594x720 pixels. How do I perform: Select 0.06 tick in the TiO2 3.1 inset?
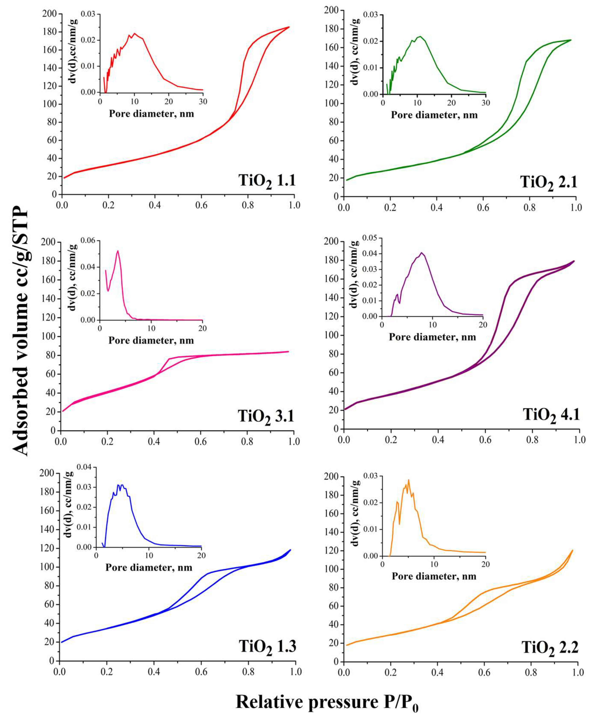(89, 241)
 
